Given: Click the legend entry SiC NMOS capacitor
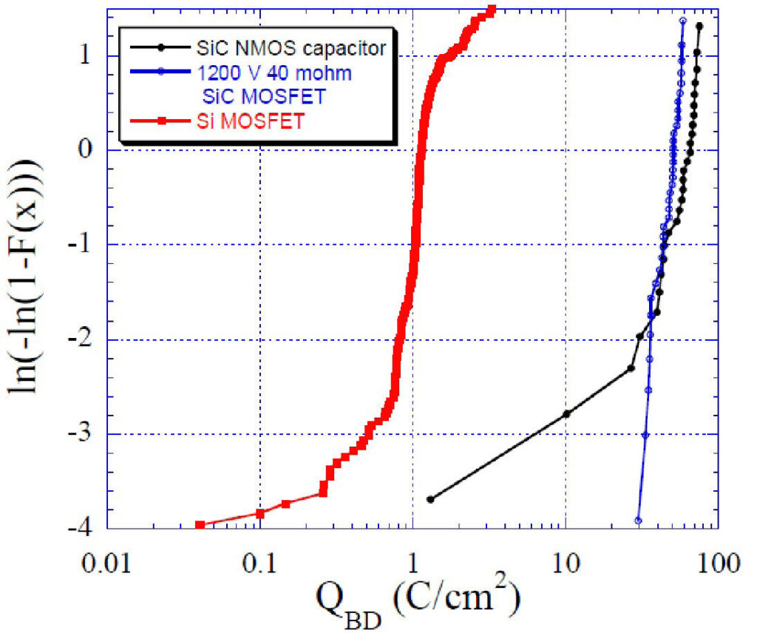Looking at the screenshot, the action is [x=291, y=48].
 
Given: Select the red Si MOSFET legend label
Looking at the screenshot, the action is [x=251, y=121].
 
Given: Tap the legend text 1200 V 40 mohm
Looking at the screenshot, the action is [x=274, y=73].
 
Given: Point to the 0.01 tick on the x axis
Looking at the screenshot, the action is [x=106, y=563].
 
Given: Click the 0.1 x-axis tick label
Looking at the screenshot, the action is [x=259, y=563].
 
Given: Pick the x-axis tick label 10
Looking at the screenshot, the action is [x=566, y=563].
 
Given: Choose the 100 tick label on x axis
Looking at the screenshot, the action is [x=719, y=563].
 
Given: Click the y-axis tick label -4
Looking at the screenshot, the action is [x=80, y=528].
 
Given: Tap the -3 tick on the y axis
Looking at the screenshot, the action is [x=80, y=433].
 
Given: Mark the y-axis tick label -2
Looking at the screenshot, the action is [x=80, y=339].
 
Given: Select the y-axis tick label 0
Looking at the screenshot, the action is [x=85, y=149].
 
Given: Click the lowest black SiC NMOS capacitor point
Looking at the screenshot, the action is [x=430, y=499].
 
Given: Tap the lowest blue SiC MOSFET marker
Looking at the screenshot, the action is [x=638, y=521].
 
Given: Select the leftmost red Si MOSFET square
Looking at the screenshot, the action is [x=200, y=525].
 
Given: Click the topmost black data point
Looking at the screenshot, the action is [x=699, y=26].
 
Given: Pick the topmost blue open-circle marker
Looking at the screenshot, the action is [x=682, y=20].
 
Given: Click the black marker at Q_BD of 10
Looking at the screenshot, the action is [x=567, y=414].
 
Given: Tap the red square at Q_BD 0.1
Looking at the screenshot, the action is [x=259, y=513].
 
